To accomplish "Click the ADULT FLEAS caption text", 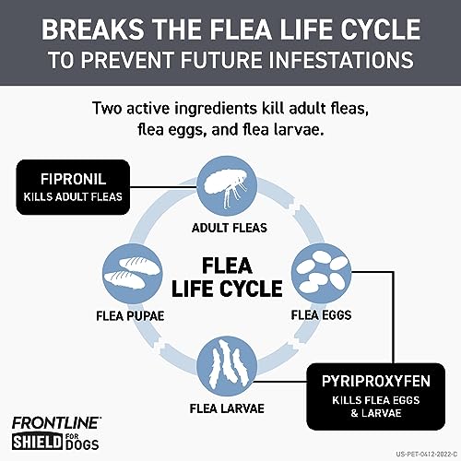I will coord(230,228).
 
